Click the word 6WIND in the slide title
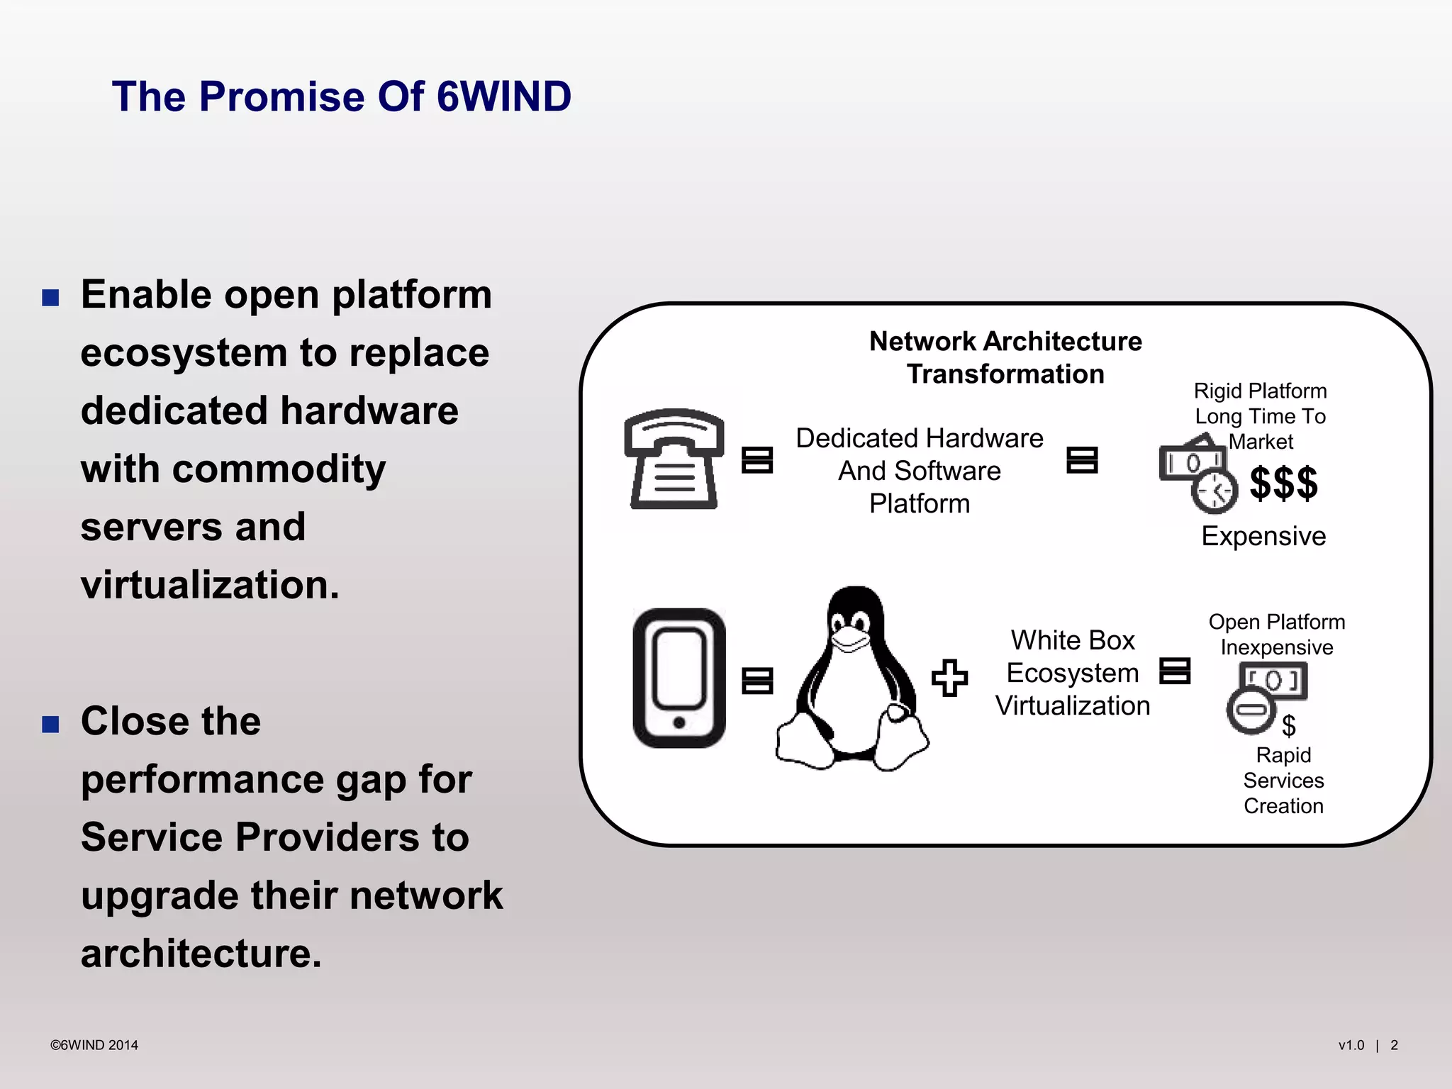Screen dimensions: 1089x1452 tap(504, 96)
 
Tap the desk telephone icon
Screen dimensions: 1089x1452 tap(674, 459)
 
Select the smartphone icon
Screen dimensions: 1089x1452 tap(678, 678)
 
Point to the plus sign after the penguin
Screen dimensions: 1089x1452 tap(949, 678)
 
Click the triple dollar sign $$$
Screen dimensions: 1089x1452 tap(1283, 484)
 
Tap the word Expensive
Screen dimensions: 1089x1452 tap(1263, 536)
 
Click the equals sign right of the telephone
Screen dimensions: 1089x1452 tap(756, 459)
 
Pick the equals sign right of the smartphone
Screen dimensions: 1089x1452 tap(756, 681)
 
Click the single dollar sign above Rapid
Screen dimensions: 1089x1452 tap(1289, 725)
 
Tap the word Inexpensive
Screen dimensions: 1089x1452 tap(1277, 647)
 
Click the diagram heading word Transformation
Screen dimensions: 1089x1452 tap(1005, 374)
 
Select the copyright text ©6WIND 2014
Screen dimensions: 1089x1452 tap(94, 1045)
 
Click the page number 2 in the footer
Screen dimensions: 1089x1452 tap(1394, 1045)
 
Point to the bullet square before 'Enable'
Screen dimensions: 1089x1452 tap(50, 297)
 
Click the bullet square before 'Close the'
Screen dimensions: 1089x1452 tap(50, 724)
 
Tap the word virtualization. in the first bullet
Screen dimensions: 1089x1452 tap(210, 585)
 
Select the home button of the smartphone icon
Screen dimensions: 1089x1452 tap(678, 722)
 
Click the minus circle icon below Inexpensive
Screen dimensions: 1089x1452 tap(1251, 710)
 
